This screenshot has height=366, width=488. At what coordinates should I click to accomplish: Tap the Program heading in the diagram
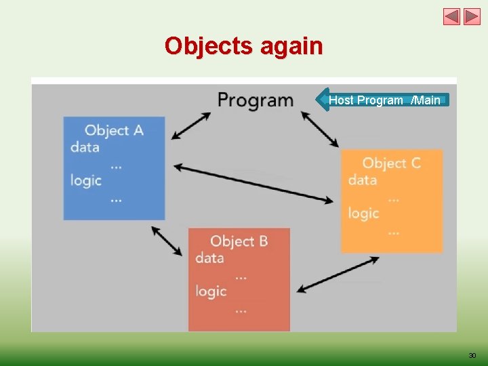click(x=255, y=100)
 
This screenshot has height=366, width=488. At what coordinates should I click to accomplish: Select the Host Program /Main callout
click(x=384, y=100)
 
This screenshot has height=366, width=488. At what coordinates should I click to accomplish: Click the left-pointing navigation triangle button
click(x=451, y=16)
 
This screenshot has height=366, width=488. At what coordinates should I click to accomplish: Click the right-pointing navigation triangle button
click(x=472, y=16)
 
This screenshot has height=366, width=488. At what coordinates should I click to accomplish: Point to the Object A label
click(x=114, y=129)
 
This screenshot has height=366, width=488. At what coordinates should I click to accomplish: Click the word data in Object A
click(x=85, y=146)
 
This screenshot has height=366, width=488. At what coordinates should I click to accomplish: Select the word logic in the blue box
click(x=86, y=180)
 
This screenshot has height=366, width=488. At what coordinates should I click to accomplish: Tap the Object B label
click(x=239, y=241)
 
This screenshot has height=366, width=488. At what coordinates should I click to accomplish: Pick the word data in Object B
click(x=209, y=258)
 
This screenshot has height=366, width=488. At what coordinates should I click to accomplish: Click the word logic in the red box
click(x=211, y=291)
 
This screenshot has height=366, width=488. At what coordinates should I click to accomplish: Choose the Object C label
click(x=391, y=163)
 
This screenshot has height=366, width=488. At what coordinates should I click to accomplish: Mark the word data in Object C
click(x=363, y=180)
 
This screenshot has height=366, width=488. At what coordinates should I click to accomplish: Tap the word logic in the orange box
click(x=364, y=213)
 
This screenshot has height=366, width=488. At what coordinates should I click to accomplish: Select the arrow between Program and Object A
click(x=191, y=126)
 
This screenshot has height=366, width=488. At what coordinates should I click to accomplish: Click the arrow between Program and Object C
click(x=320, y=129)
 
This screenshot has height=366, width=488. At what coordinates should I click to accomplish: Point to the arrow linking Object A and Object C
click(x=254, y=183)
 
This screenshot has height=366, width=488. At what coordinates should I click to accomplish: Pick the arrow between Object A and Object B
click(x=167, y=241)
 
